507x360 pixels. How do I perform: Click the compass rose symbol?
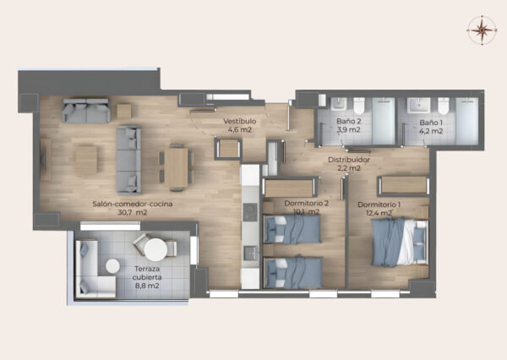(x=482, y=30)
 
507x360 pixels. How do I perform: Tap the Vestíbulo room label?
(x=240, y=122)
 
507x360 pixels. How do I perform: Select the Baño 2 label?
(x=348, y=122)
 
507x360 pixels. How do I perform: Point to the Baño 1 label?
(x=431, y=123)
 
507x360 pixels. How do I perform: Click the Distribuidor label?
(x=349, y=160)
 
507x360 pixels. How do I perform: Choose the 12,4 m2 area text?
(x=379, y=213)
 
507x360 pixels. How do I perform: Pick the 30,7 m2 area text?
(x=133, y=212)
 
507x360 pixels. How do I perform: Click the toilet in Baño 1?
(x=444, y=106)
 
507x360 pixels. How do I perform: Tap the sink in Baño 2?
(x=339, y=104)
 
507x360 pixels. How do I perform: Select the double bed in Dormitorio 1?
(x=400, y=242)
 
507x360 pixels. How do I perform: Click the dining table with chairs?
(x=177, y=167)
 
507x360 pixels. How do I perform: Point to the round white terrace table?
(x=155, y=249)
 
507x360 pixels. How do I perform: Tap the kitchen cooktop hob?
(x=250, y=212)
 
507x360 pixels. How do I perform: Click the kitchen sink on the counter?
(x=251, y=254)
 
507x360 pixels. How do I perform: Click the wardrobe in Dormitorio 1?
(x=404, y=186)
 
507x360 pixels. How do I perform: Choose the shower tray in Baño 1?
(x=467, y=121)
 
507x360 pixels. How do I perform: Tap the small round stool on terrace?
(x=112, y=266)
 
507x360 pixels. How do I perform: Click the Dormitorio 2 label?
(x=306, y=204)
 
